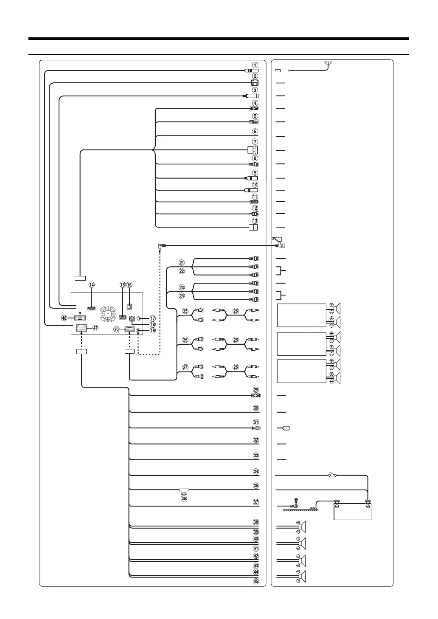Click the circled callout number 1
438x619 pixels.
(254, 65)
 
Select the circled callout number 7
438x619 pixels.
(254, 142)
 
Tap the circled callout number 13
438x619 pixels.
(255, 221)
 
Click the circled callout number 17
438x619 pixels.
(153, 318)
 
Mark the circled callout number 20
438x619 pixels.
(116, 329)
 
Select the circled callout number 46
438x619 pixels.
(65, 318)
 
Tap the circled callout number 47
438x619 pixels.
(95, 328)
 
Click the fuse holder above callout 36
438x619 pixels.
(184, 492)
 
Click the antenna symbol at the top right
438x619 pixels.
(328, 65)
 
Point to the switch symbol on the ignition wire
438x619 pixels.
(332, 475)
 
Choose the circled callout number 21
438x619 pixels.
(182, 262)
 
